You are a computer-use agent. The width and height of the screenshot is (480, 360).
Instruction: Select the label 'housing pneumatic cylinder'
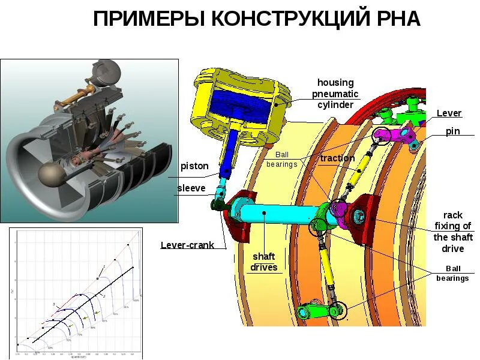pyautogui.click(x=335, y=94)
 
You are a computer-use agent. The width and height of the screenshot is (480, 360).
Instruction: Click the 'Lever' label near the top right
pyautogui.click(x=449, y=113)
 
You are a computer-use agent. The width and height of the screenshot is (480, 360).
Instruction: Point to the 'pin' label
pyautogui.click(x=452, y=131)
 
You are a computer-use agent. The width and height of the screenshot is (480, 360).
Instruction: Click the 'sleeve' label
pyautogui.click(x=191, y=188)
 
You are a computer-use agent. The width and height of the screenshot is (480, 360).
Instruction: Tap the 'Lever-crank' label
pyautogui.click(x=187, y=245)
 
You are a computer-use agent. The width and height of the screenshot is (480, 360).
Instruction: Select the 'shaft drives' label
pyautogui.click(x=264, y=262)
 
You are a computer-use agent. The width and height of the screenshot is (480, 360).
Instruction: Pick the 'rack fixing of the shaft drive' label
pyautogui.click(x=453, y=232)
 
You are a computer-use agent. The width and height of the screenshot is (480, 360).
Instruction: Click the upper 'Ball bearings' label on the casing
pyautogui.click(x=281, y=159)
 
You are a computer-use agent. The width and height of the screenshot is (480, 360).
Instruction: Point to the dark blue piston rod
pyautogui.click(x=231, y=150)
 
